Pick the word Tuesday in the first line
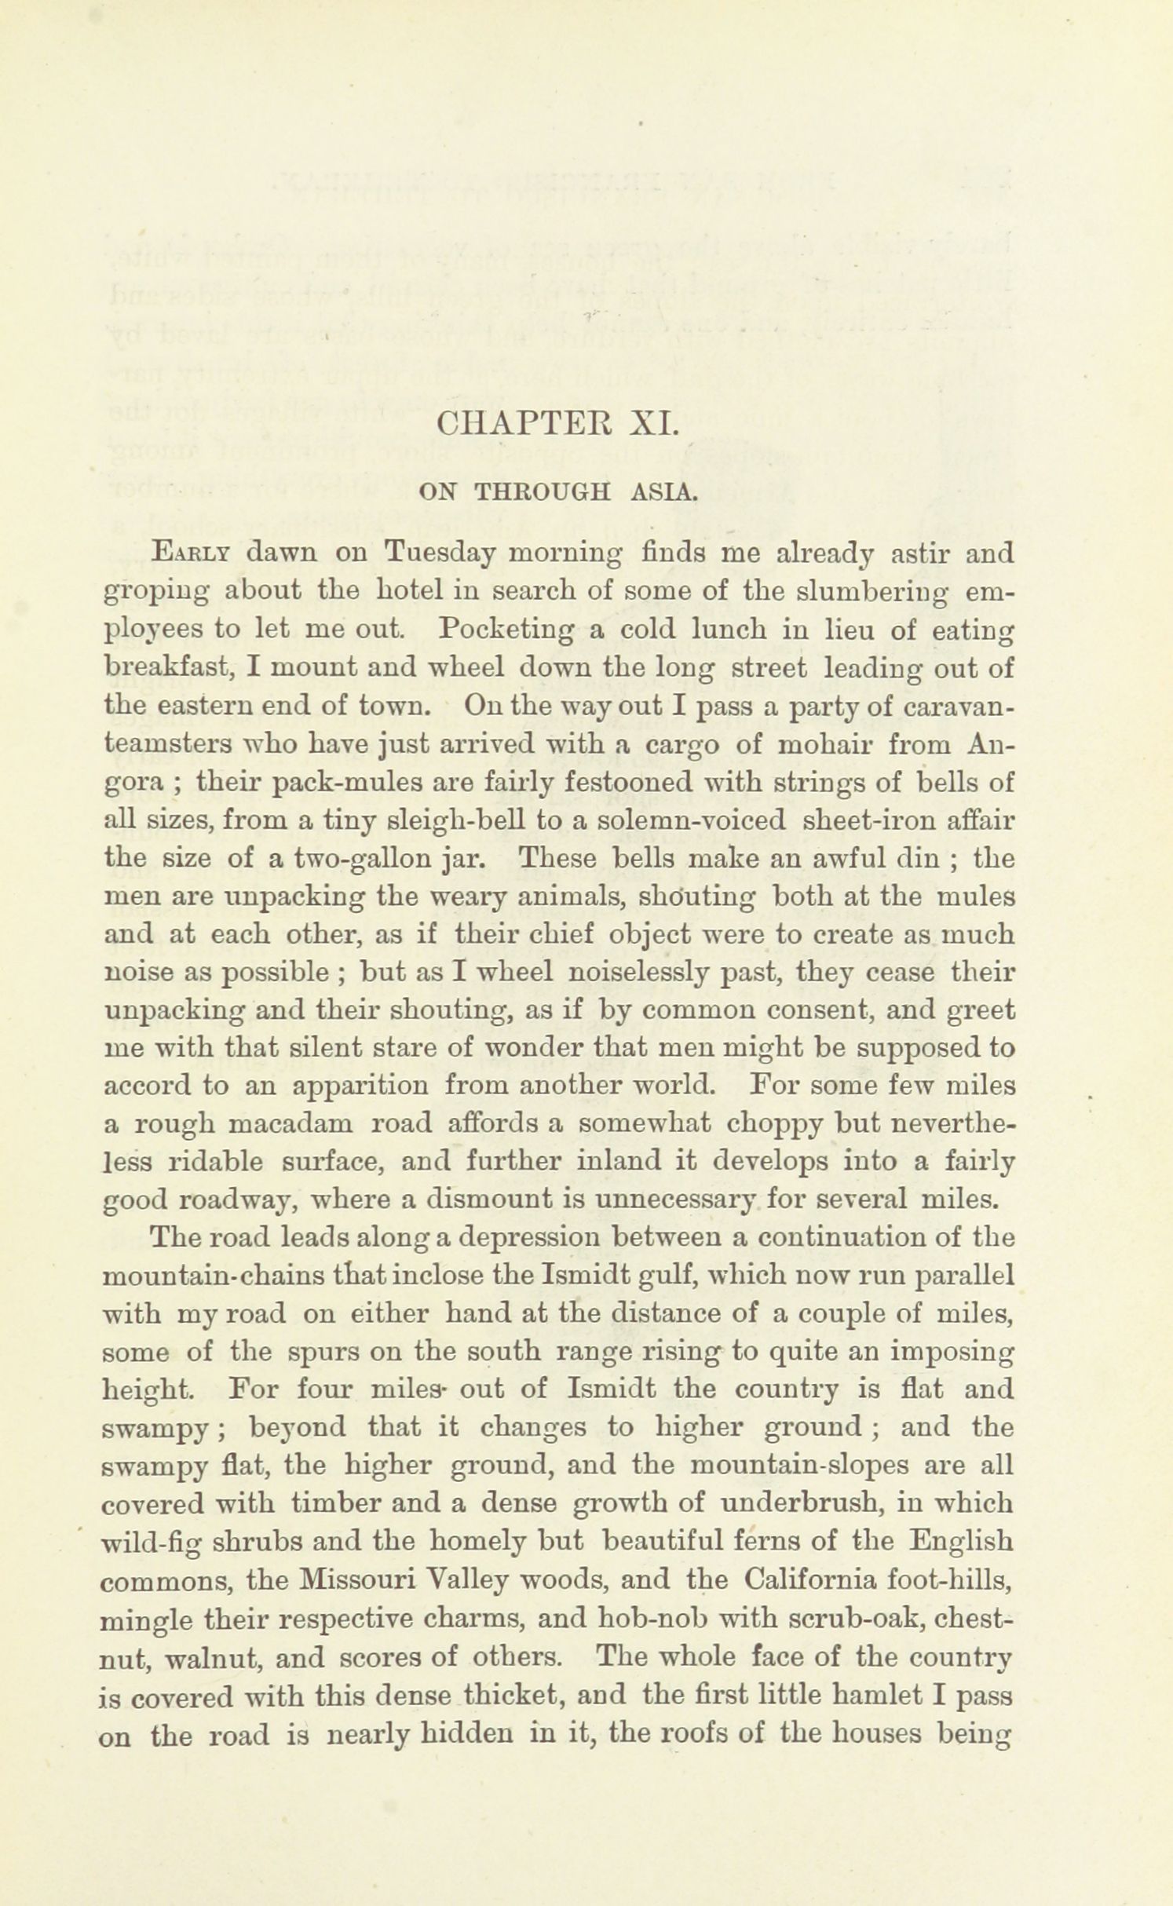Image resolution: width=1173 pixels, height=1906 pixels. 439,553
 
